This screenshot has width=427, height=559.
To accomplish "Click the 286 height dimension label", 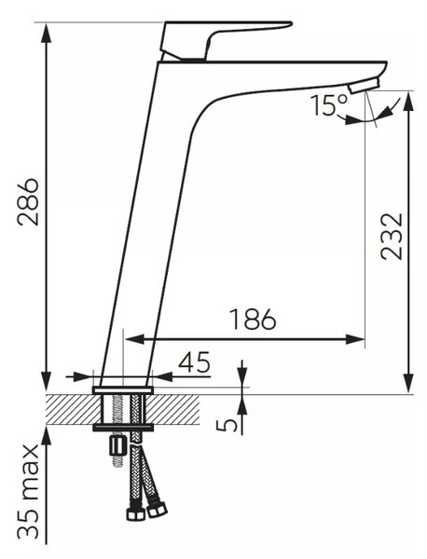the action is [x=28, y=202].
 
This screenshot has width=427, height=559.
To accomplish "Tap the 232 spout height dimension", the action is [x=392, y=237].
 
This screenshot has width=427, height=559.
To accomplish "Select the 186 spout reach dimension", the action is [x=253, y=319].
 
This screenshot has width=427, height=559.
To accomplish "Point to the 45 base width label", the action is [x=195, y=361].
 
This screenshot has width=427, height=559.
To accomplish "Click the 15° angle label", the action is [x=329, y=104].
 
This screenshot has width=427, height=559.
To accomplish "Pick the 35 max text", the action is [x=28, y=493].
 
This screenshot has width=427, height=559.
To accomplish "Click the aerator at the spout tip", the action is [x=364, y=86].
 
